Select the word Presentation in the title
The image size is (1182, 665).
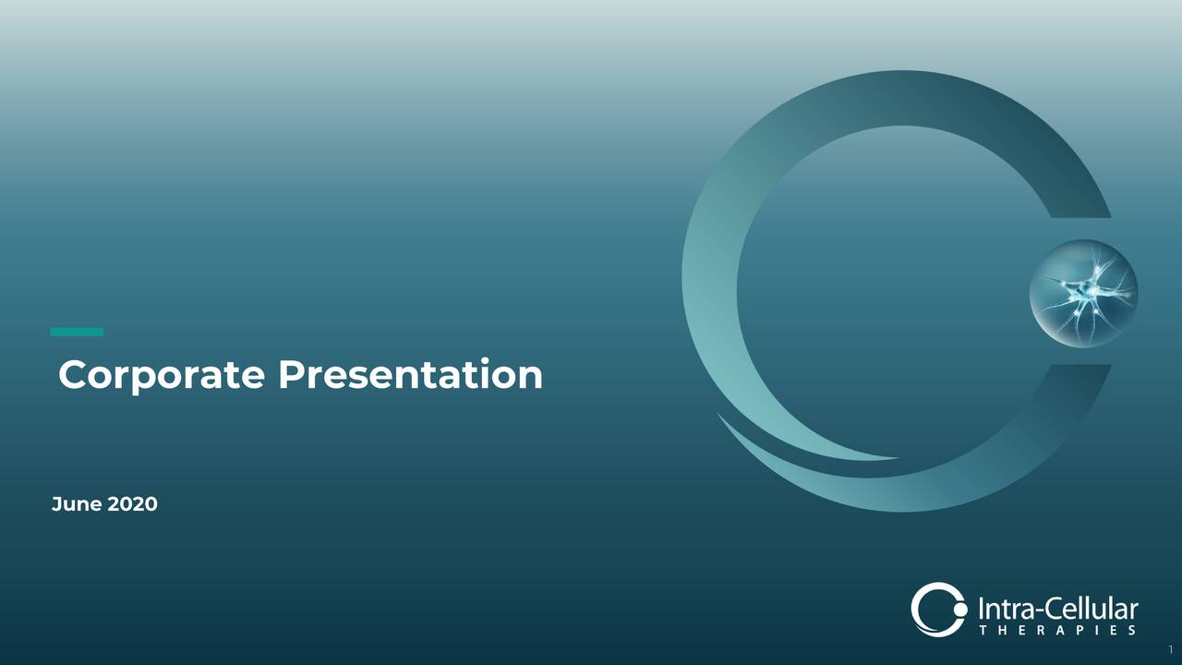[410, 376]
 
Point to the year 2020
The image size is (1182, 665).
[133, 504]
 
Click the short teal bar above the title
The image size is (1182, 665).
[77, 332]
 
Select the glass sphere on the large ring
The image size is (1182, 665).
[1083, 294]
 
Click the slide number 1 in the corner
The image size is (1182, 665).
[1170, 649]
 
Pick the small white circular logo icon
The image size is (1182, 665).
[937, 610]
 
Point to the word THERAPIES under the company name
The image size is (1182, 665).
[1056, 631]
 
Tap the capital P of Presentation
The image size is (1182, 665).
[291, 376]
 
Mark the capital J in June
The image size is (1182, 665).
[56, 504]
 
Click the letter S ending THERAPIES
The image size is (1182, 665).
[1131, 631]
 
